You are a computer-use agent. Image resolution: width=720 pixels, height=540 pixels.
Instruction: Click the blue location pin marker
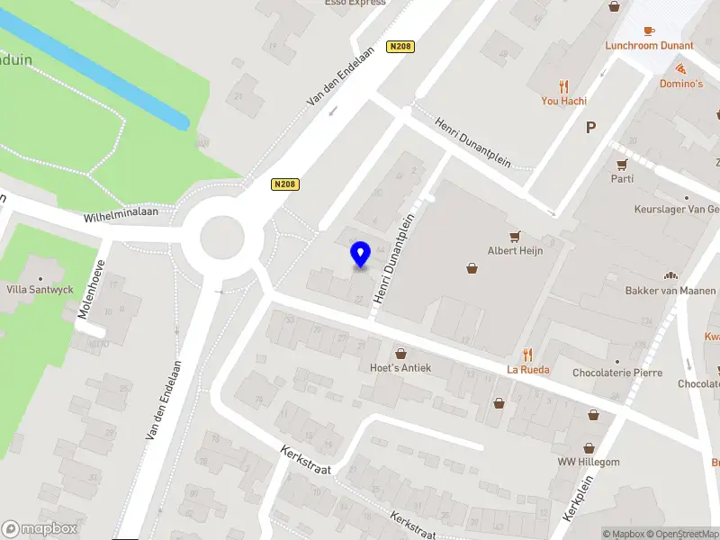click(361, 254)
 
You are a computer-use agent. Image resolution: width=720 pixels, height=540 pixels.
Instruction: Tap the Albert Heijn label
click(516, 251)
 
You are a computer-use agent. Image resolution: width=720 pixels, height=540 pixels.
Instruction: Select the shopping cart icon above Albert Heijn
click(516, 237)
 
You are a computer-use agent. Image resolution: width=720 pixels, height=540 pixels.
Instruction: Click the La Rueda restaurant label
click(528, 369)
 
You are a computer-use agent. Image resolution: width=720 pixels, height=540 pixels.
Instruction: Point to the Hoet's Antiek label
click(400, 367)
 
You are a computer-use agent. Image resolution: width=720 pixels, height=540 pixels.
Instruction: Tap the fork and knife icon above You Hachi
click(564, 86)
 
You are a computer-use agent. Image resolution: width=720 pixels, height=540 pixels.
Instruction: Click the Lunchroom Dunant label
click(649, 45)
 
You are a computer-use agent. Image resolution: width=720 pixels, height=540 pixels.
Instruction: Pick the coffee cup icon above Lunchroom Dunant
click(649, 30)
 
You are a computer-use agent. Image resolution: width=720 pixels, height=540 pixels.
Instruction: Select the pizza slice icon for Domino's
click(680, 68)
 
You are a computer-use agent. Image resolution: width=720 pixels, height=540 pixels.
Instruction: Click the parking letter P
click(591, 128)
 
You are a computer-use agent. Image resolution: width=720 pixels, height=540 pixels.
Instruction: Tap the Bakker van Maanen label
click(670, 291)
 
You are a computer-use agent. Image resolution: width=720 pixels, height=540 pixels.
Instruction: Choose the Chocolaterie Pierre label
click(617, 373)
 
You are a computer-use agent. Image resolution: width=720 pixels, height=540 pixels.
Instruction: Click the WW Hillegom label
click(589, 462)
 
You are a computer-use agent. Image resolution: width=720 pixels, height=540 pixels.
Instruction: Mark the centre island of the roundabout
click(221, 238)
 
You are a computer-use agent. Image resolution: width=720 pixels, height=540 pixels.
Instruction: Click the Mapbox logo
click(39, 529)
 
